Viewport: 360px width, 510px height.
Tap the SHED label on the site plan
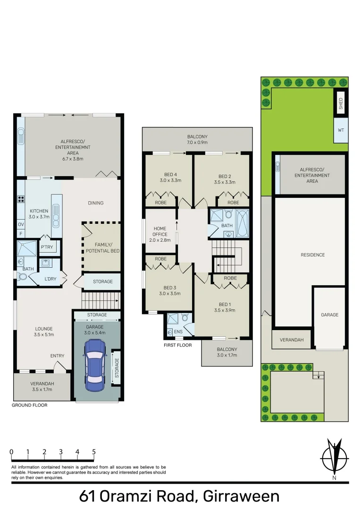(x=341, y=104)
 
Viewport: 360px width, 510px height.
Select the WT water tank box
(x=341, y=131)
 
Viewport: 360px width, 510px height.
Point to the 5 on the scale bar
(x=94, y=452)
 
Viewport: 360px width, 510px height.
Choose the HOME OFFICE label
(x=160, y=231)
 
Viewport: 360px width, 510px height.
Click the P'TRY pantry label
(x=46, y=247)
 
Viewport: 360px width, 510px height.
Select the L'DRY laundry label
(x=50, y=279)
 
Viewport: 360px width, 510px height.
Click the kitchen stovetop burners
(x=21, y=199)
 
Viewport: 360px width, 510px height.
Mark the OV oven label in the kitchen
(x=21, y=224)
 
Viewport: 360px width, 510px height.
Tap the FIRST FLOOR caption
(x=177, y=345)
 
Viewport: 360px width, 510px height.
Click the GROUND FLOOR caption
(x=30, y=405)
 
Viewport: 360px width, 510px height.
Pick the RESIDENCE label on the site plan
(x=313, y=255)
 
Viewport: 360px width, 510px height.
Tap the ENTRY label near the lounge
(x=58, y=356)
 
